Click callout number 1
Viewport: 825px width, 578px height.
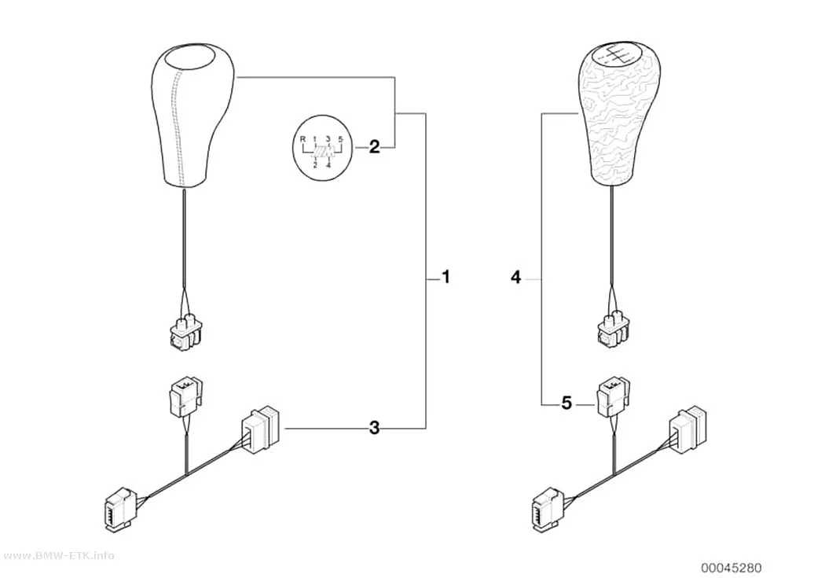[445, 277]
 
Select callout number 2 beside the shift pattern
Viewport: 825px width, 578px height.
[374, 147]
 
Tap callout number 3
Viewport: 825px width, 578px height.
[374, 429]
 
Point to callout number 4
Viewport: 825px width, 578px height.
[516, 277]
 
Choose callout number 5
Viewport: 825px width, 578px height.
[566, 403]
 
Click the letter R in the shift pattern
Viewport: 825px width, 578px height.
[302, 139]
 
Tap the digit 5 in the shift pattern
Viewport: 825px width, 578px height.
[341, 139]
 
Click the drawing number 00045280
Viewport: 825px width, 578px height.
[730, 568]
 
